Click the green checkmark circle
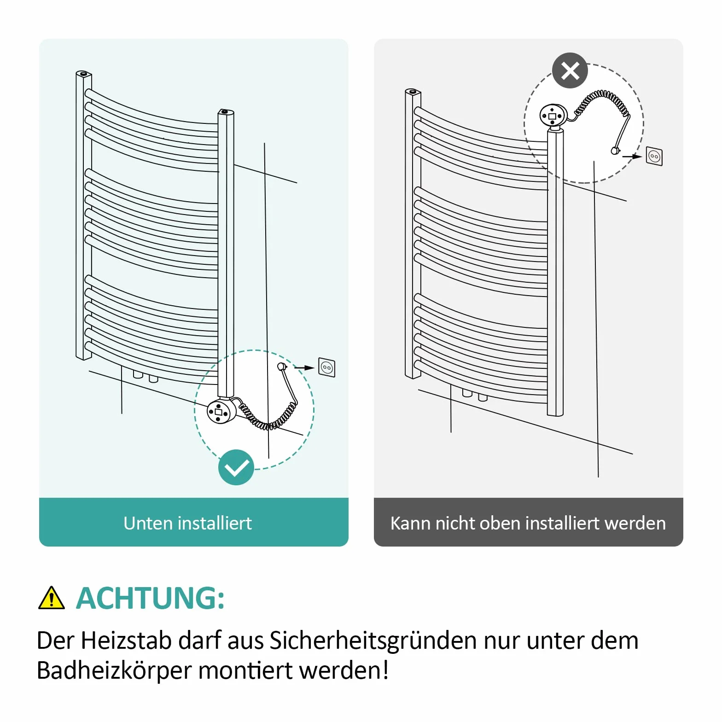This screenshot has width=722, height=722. pyautogui.click(x=236, y=467)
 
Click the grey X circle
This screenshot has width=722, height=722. pyautogui.click(x=570, y=71)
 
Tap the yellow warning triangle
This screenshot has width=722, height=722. pyautogui.click(x=51, y=598)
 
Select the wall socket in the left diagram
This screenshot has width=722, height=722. pyautogui.click(x=327, y=367)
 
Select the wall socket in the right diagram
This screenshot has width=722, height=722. pyautogui.click(x=654, y=156)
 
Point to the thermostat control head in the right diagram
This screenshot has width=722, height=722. pyautogui.click(x=553, y=115)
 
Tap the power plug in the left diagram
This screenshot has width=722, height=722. pyautogui.click(x=282, y=367)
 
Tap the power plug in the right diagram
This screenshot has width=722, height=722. pyautogui.click(x=616, y=150)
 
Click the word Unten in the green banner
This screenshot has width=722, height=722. pyautogui.click(x=148, y=524)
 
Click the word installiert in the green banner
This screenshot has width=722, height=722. pyautogui.click(x=215, y=524)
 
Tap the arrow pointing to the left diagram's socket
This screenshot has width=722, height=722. pyautogui.click(x=304, y=367)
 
